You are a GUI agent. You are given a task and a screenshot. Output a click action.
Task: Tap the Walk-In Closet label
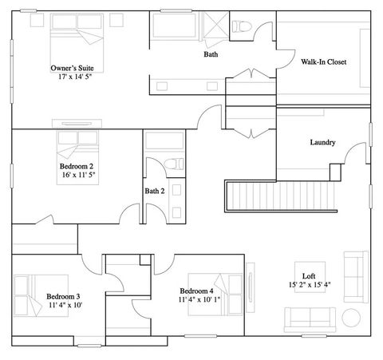[324, 61]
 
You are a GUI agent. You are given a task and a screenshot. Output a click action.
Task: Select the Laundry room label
[322, 143]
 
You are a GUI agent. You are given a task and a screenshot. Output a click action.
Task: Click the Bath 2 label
[155, 191]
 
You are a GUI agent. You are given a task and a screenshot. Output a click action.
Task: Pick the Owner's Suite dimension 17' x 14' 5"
[76, 77]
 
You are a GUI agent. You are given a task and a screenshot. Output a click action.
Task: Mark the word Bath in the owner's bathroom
[211, 55]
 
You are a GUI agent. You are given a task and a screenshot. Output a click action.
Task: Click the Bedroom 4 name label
[196, 290]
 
